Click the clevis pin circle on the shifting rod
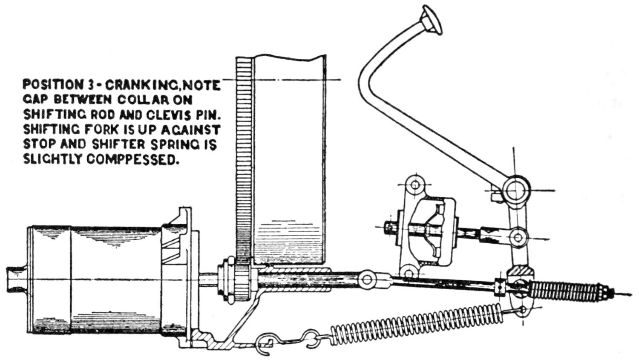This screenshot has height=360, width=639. [x=366, y=280]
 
